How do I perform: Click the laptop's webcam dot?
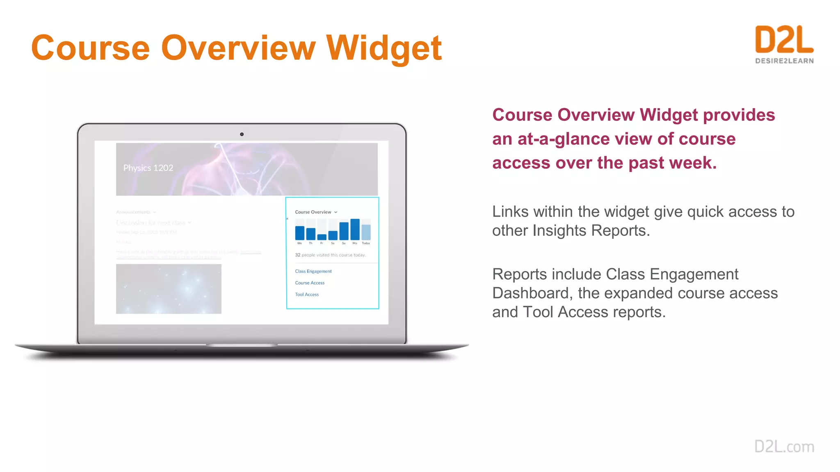click(242, 134)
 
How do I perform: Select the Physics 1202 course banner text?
click(148, 168)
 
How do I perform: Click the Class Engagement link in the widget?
click(313, 271)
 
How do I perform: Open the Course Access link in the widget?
click(310, 283)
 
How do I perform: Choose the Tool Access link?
click(307, 295)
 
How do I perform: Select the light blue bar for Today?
click(366, 232)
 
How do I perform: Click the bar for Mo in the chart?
click(355, 229)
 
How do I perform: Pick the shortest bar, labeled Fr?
click(322, 237)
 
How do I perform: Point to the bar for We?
click(300, 233)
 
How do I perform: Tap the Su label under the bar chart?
click(344, 243)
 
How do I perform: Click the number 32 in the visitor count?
click(297, 255)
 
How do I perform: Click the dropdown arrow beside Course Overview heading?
click(336, 212)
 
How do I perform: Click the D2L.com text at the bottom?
click(784, 447)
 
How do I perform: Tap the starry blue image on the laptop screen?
click(169, 289)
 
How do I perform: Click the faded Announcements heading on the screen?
click(133, 212)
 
